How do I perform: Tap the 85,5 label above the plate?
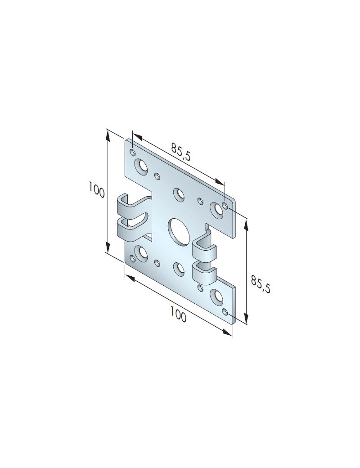180,152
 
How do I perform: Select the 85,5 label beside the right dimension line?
261,284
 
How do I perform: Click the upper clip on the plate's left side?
131,206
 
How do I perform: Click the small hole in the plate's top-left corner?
133,153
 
